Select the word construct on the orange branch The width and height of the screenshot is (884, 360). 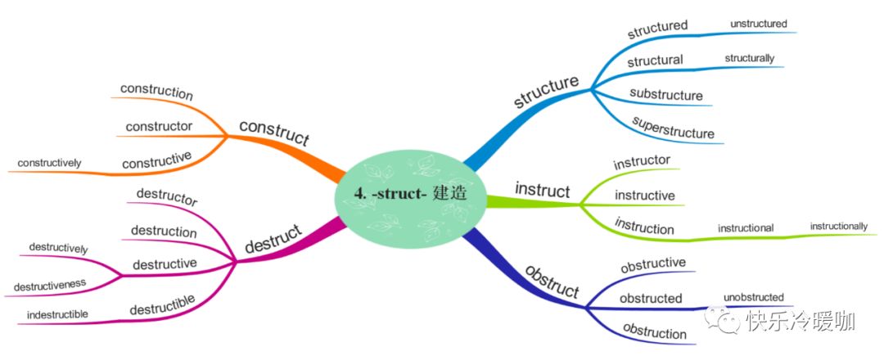[x=273, y=133]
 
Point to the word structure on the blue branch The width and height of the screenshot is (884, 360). [x=546, y=92]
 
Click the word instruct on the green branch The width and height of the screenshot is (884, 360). [x=542, y=191]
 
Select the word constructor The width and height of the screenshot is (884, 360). [x=159, y=126]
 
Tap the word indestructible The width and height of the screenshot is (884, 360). [x=52, y=314]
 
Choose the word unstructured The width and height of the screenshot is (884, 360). [x=758, y=24]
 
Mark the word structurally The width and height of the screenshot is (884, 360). [x=749, y=58]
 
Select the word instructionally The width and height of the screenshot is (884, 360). [x=838, y=225]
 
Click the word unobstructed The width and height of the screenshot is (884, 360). [x=753, y=296]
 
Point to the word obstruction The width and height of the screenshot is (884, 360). [x=655, y=331]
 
